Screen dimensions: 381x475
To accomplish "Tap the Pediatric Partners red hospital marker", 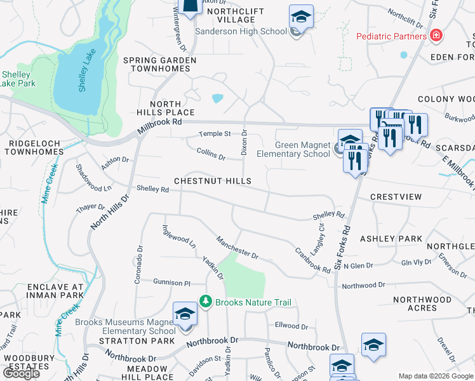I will point(436,36).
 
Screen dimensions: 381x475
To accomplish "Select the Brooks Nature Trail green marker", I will point(205,301).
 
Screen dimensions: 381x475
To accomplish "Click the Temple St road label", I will point(214,134).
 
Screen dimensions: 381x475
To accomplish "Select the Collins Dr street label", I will point(211,153).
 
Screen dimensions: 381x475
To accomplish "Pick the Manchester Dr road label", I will point(236,248).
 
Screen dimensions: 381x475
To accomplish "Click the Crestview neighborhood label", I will point(396,197).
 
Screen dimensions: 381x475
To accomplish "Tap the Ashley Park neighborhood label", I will point(391,239).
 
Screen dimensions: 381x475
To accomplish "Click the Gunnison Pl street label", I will point(171,282).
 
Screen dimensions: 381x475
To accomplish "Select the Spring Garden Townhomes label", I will point(159,65).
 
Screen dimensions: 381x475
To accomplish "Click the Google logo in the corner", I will point(21,373).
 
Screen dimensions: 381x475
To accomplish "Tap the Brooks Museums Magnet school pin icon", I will point(185,315).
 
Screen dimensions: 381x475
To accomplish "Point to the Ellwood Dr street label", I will point(291,326).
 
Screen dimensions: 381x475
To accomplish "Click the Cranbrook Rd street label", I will point(312,260).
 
